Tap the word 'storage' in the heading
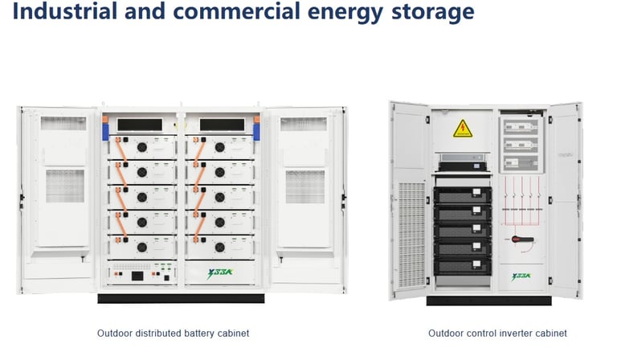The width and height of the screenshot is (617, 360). [432, 12]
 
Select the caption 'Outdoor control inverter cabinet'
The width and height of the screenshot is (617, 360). [497, 333]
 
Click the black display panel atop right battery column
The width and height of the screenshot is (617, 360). [220, 125]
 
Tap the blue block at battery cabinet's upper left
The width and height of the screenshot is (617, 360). [104, 129]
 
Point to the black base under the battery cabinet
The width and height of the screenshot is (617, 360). [181, 297]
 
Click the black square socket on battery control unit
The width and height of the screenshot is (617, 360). [137, 276]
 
